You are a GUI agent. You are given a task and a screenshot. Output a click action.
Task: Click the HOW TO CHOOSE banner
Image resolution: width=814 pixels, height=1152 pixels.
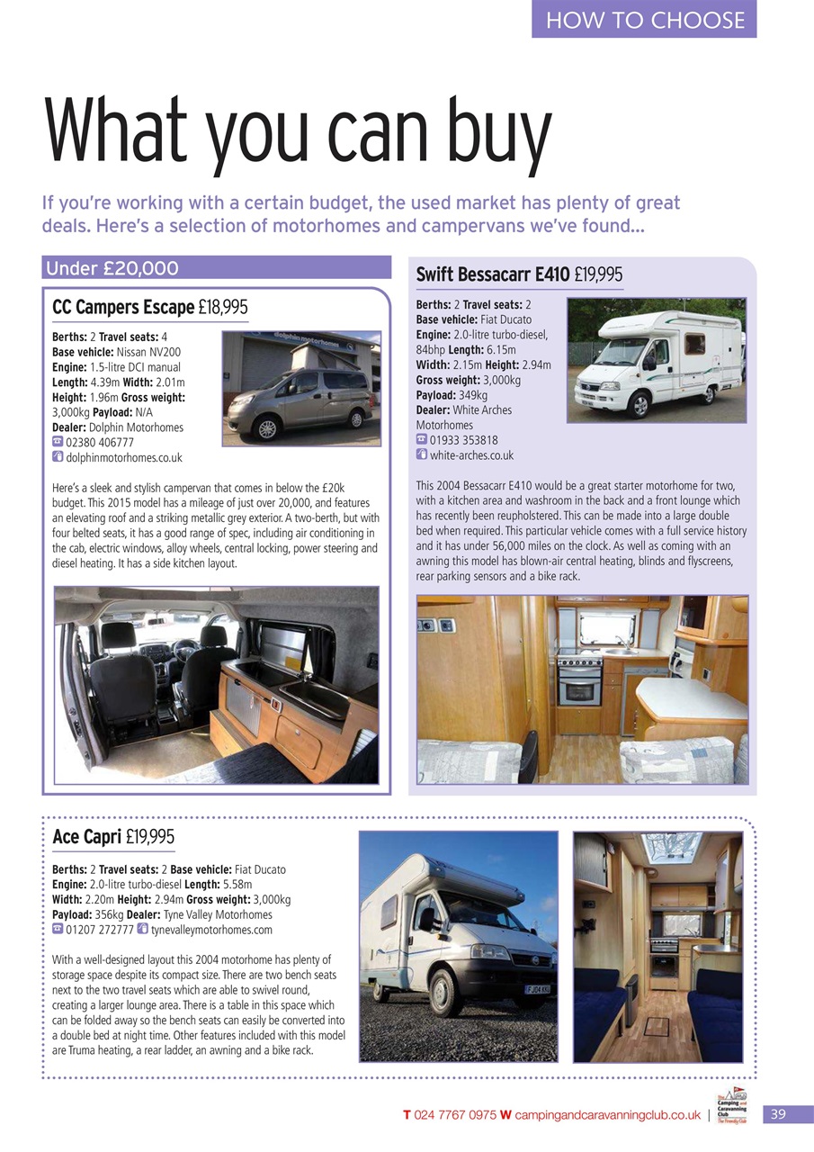pyautogui.click(x=644, y=20)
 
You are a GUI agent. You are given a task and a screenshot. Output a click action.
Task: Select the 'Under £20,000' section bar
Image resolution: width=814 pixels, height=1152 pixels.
pyautogui.click(x=216, y=267)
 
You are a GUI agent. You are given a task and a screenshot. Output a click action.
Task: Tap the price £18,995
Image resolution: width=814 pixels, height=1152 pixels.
pyautogui.click(x=223, y=308)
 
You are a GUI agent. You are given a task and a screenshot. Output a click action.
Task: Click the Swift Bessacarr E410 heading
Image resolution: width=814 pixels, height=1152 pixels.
pyautogui.click(x=492, y=274)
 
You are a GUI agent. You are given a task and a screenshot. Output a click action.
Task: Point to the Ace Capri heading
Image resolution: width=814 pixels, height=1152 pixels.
pyautogui.click(x=88, y=837)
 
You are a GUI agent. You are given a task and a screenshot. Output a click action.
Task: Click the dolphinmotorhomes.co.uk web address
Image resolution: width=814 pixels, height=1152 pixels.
pyautogui.click(x=124, y=458)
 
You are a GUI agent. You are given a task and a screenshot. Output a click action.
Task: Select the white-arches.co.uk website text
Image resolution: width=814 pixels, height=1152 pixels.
pyautogui.click(x=471, y=455)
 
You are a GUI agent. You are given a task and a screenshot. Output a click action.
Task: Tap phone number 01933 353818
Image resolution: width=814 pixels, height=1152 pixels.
pyautogui.click(x=465, y=440)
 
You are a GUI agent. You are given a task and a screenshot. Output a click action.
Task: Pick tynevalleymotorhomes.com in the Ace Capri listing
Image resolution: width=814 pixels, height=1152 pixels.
pyautogui.click(x=211, y=930)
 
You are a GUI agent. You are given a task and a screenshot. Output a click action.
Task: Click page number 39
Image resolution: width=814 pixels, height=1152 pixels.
pyautogui.click(x=778, y=1114)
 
